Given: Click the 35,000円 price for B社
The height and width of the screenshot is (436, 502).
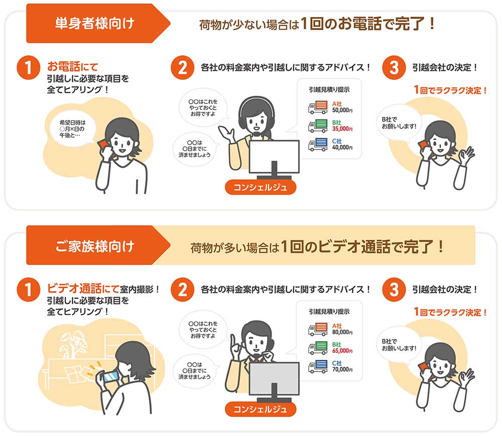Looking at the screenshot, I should [x=342, y=128].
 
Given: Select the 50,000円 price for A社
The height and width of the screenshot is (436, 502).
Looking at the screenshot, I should [x=342, y=109].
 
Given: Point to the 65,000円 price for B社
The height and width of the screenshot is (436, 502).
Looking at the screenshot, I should [x=342, y=351].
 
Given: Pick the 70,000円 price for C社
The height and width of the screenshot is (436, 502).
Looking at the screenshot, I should [x=342, y=369].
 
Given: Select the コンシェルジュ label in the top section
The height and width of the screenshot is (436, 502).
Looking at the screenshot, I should [x=261, y=188].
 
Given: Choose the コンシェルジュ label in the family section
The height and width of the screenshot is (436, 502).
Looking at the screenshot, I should [x=261, y=409].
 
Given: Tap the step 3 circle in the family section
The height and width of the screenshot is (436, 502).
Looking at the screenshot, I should [x=393, y=290].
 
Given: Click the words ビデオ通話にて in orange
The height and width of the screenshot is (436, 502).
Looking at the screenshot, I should [x=83, y=289].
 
